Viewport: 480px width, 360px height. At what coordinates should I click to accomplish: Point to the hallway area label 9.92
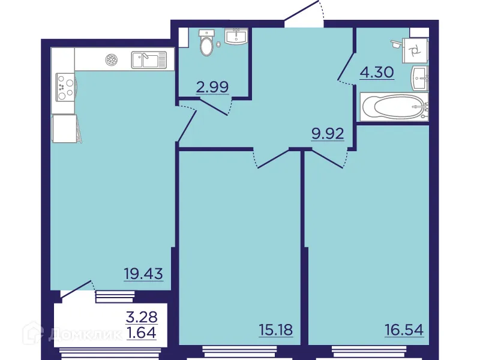327,133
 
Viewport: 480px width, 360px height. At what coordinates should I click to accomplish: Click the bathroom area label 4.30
376,73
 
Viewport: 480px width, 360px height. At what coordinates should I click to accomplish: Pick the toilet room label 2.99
212,87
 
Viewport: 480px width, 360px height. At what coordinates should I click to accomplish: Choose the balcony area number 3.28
142,316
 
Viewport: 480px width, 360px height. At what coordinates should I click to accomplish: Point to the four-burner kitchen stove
63,88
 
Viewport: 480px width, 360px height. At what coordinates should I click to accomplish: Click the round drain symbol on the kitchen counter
111,59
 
